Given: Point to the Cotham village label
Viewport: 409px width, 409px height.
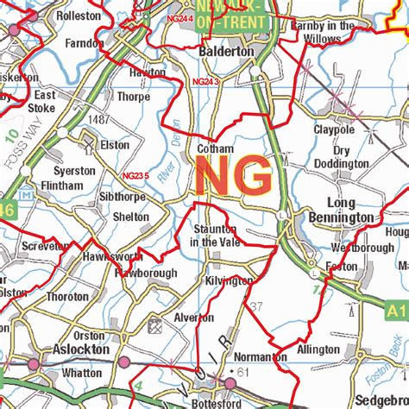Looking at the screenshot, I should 216,148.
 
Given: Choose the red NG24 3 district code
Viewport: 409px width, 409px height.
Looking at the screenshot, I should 206,82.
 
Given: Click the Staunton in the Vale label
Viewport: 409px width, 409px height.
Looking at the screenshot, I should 214,236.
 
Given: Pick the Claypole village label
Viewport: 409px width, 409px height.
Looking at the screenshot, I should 334,129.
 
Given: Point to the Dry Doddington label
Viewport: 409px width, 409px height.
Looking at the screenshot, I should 340,157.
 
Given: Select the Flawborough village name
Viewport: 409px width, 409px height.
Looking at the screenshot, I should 146,274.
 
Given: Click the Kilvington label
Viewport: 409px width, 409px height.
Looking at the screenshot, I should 230,281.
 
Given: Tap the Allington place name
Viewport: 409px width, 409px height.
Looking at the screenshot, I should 318,349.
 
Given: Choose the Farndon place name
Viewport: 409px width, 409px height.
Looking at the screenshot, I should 83,41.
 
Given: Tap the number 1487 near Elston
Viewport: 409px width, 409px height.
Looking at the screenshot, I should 98,119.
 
